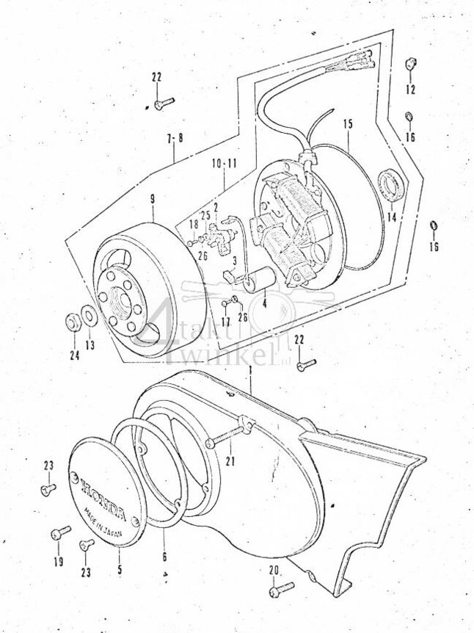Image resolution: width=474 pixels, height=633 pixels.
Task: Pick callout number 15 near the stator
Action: pyautogui.click(x=348, y=123)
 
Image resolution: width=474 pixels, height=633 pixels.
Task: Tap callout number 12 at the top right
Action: pyautogui.click(x=409, y=89)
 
